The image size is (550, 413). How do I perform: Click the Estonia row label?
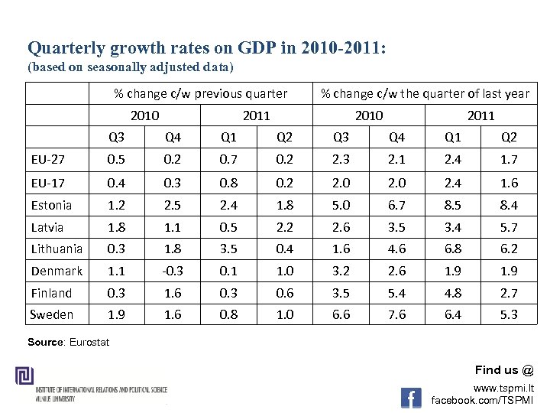52,205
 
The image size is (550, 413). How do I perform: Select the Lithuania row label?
57,249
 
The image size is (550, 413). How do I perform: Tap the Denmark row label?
57,271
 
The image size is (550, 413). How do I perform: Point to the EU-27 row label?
49,161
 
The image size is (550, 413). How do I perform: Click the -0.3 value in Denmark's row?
173,271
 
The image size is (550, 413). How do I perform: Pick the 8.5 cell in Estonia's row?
453,205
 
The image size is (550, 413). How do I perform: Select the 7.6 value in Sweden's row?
397,315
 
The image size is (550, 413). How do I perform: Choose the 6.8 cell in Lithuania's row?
453,249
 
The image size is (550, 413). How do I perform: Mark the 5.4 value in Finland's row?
397,293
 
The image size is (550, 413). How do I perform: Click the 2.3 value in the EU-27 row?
342,161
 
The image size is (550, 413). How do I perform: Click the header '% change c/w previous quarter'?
201,93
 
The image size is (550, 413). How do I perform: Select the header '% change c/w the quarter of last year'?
425,93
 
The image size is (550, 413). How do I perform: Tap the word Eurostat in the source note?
91,342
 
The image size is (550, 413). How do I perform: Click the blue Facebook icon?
411,398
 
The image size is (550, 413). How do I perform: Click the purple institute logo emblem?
23,378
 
